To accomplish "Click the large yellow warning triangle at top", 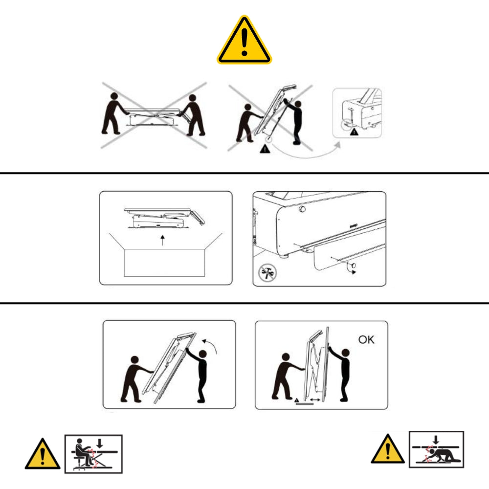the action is click(244, 41).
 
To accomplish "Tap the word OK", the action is click(366, 339).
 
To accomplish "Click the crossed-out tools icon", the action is click(267, 272).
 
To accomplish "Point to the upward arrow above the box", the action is click(162, 241).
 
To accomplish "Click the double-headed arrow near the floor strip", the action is click(314, 400).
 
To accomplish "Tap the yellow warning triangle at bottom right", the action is click(388, 449).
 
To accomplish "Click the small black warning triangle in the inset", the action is click(354, 132).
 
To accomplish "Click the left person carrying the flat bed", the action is click(114, 113).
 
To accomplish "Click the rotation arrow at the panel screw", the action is click(352, 269).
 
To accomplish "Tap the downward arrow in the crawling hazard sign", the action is click(436, 440).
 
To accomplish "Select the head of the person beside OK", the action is click(346, 353).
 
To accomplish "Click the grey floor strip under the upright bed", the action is click(304, 404).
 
